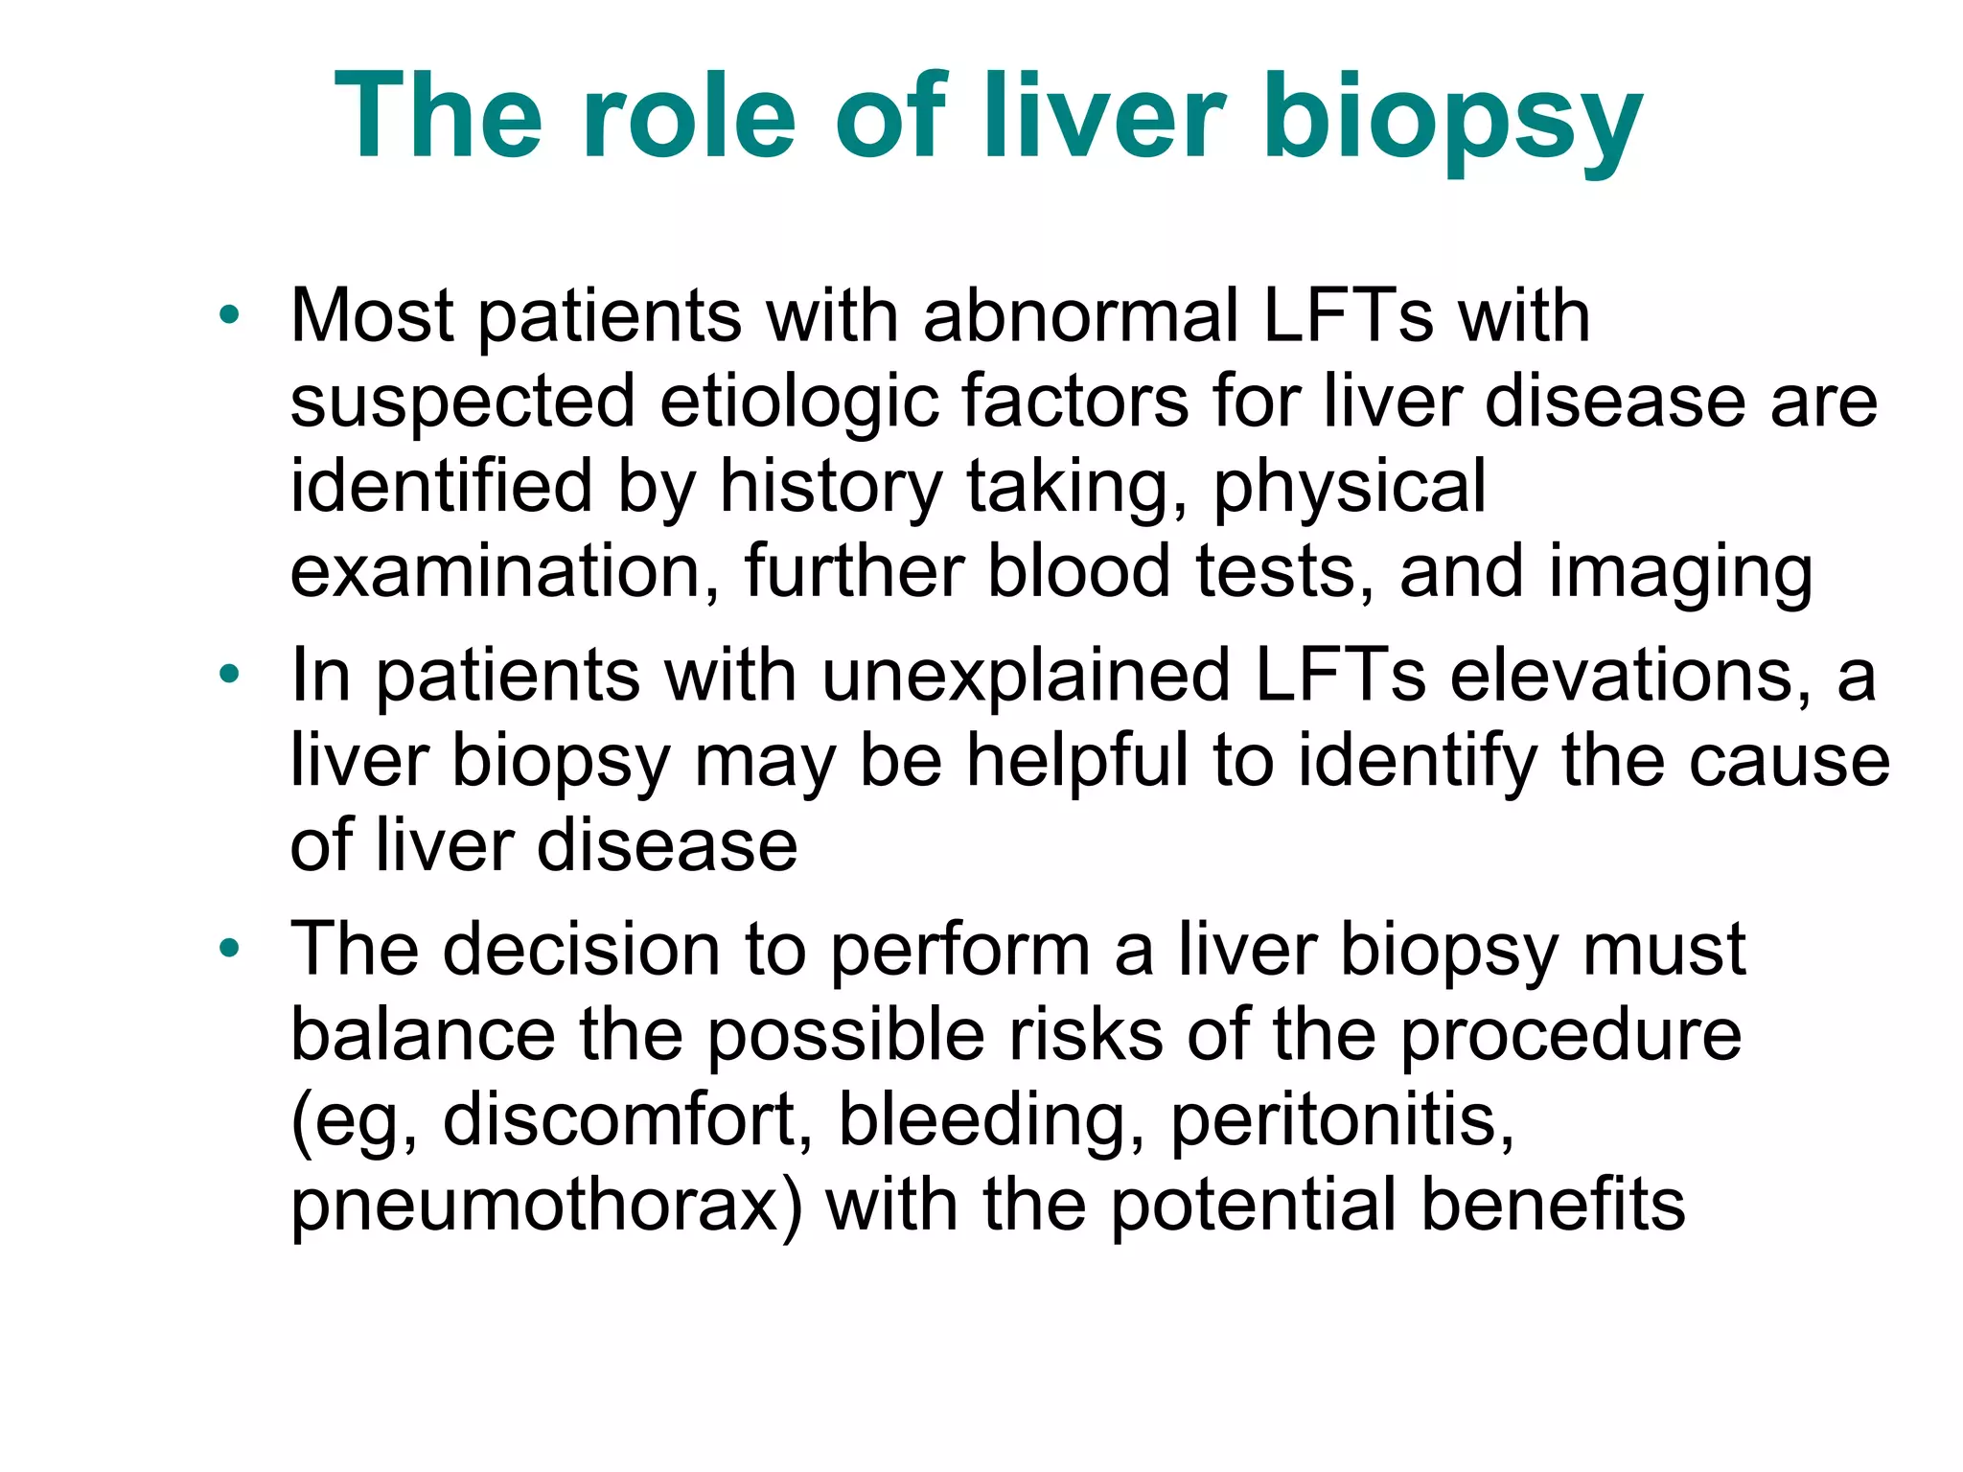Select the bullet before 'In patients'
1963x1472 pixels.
pyautogui.click(x=228, y=675)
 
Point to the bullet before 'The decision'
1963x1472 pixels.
pyautogui.click(x=228, y=949)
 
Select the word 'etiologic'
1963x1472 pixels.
pyautogui.click(x=798, y=402)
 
